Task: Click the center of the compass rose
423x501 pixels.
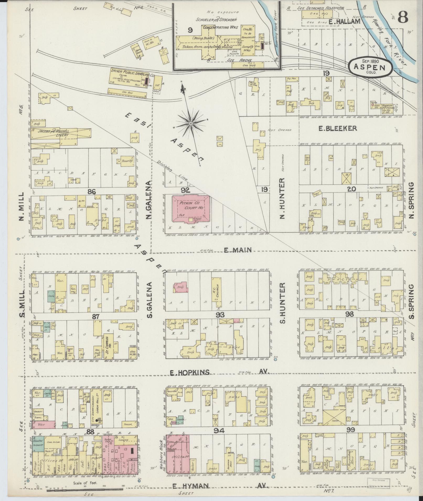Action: (x=191, y=123)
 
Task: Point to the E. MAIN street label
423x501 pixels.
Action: (x=238, y=250)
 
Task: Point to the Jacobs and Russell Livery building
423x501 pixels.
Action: (x=61, y=133)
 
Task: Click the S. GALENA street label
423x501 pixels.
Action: (x=150, y=300)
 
